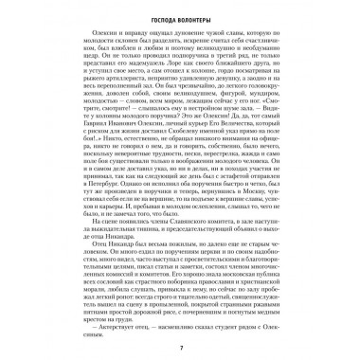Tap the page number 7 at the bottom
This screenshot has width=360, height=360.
(180, 348)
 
